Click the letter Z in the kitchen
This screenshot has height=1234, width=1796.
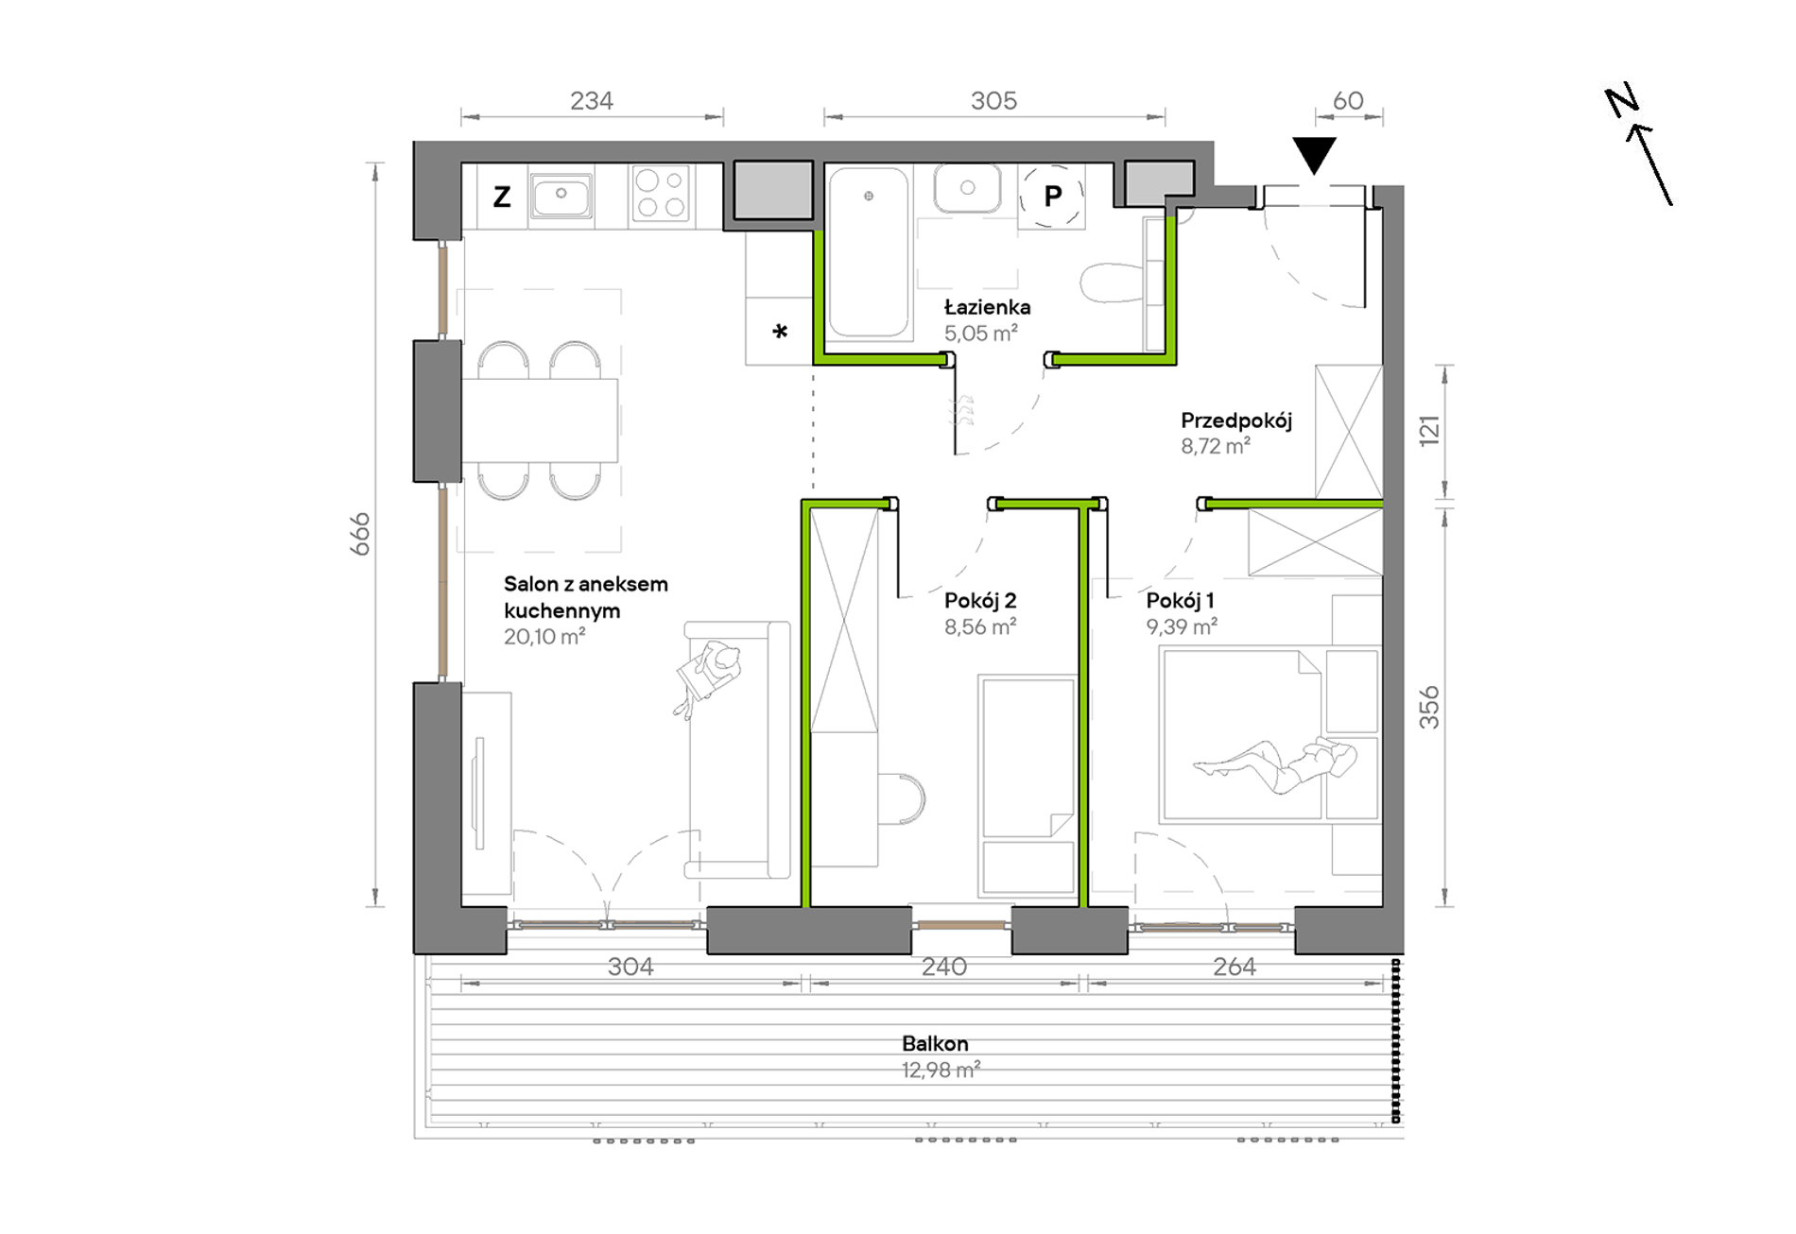click(x=502, y=197)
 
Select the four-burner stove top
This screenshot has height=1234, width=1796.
click(x=661, y=194)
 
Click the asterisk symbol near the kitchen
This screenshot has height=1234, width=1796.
click(x=780, y=331)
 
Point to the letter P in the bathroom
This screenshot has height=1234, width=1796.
click(x=1052, y=196)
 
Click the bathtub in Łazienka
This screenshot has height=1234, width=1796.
click(x=869, y=252)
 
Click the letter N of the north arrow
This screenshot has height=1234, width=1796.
click(x=1622, y=100)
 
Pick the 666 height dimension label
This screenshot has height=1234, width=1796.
click(x=360, y=534)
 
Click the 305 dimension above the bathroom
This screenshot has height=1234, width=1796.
click(x=993, y=100)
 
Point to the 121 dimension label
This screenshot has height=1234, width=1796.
click(x=1428, y=430)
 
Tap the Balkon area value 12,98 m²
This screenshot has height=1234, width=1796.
click(x=941, y=1070)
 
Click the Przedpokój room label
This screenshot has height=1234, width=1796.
click(x=1235, y=420)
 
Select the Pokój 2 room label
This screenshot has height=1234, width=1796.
click(x=980, y=600)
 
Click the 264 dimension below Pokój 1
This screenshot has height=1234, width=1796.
click(x=1235, y=967)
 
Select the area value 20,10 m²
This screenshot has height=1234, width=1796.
click(x=544, y=637)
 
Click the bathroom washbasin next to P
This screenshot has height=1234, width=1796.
click(x=967, y=188)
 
